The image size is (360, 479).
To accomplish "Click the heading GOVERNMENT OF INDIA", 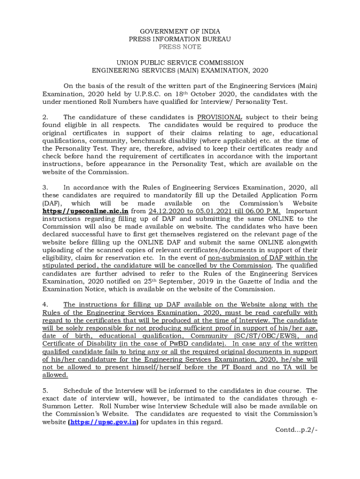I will pyautogui.click(x=180, y=31).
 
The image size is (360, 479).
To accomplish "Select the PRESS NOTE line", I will pyautogui.click(x=180, y=47).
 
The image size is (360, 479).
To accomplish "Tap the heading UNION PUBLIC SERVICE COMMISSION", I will pyautogui.click(x=180, y=63).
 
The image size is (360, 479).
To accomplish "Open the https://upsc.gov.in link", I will pyautogui.click(x=103, y=422).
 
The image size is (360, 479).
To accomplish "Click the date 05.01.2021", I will pyautogui.click(x=214, y=211).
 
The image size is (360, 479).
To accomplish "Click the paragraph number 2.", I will pyautogui.click(x=45, y=117).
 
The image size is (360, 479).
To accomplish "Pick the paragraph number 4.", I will pyautogui.click(x=45, y=305).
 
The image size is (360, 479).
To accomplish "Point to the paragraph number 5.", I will pyautogui.click(x=45, y=391).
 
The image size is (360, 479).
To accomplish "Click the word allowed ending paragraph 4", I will pyautogui.click(x=55, y=375).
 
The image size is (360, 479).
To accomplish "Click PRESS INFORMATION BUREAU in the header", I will pyautogui.click(x=180, y=39).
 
